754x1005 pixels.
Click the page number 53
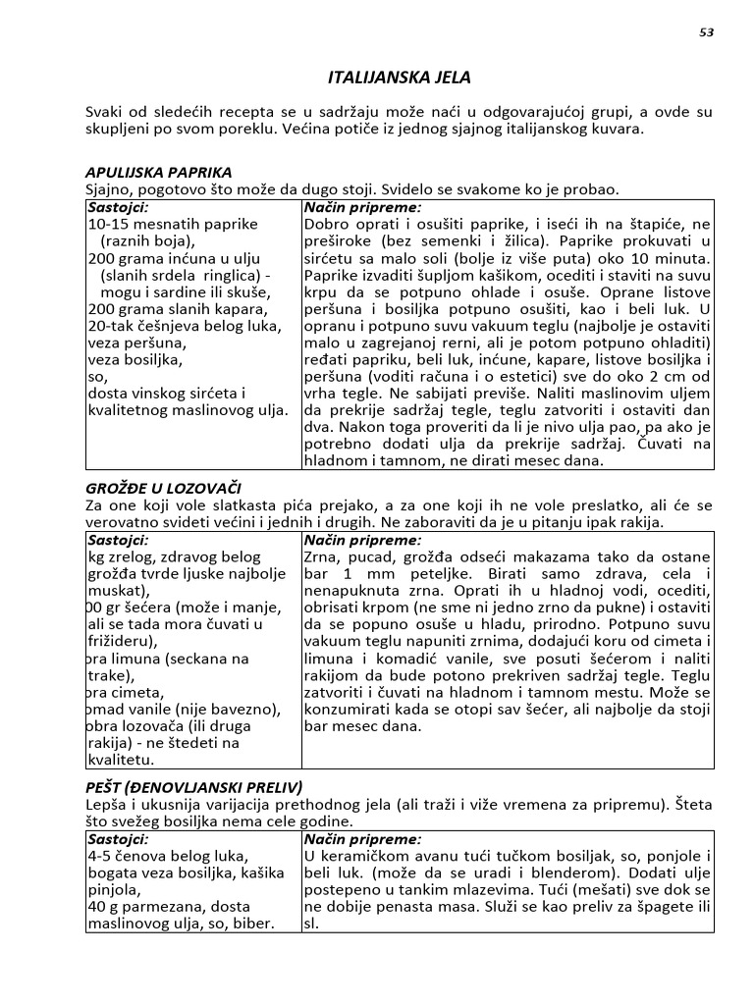[706, 32]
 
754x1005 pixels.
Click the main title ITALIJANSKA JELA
[399, 77]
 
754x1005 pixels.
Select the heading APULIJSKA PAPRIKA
[158, 172]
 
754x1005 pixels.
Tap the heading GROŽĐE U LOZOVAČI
[163, 488]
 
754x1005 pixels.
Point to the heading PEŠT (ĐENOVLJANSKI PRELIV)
[193, 787]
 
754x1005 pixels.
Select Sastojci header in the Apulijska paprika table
[118, 208]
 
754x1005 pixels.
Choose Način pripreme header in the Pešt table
[361, 840]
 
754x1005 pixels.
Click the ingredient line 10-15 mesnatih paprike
[173, 224]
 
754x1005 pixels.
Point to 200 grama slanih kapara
[177, 309]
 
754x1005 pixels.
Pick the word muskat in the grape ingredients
[114, 591]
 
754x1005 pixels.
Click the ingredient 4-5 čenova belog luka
[168, 856]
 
